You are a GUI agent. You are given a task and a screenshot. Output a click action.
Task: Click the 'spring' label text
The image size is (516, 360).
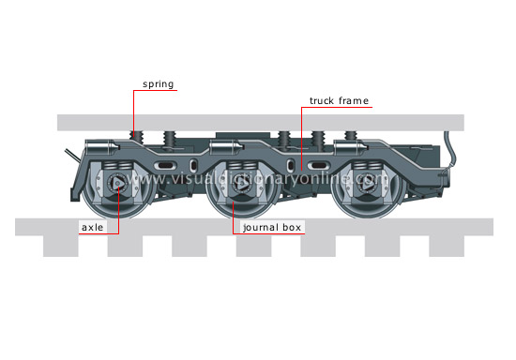pos(158,83)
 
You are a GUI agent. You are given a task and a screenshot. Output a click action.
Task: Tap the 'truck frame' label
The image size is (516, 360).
pos(340,99)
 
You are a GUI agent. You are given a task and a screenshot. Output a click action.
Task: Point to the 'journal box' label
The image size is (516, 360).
pos(272,226)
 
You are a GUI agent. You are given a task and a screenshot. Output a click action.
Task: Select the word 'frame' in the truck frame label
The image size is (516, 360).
pos(355,99)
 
